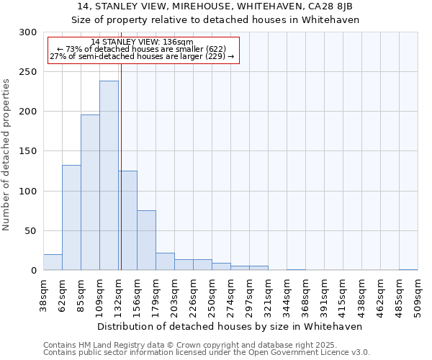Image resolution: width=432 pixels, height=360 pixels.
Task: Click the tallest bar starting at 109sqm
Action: [x=109, y=176]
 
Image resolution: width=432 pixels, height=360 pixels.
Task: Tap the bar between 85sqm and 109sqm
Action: [x=90, y=192]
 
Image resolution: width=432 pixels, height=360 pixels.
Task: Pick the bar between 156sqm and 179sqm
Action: [x=146, y=240]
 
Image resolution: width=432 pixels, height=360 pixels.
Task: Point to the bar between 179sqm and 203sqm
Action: [x=165, y=262]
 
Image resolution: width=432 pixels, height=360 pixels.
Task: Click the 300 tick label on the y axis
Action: [x=28, y=32]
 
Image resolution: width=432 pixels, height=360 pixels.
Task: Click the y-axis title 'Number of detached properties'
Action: [x=7, y=155]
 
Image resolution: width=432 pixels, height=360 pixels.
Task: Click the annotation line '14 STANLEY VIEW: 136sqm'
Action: [x=142, y=42]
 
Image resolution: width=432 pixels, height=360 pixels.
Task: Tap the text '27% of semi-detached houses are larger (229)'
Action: [x=142, y=56]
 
